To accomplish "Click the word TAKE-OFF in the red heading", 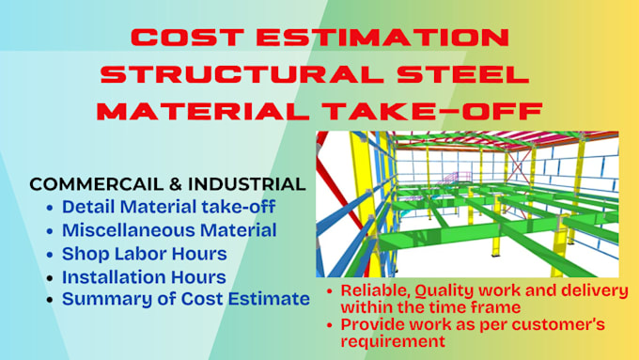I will [x=440, y=110].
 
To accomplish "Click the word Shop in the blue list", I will [x=84, y=254].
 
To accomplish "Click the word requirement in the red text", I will [x=391, y=342].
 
